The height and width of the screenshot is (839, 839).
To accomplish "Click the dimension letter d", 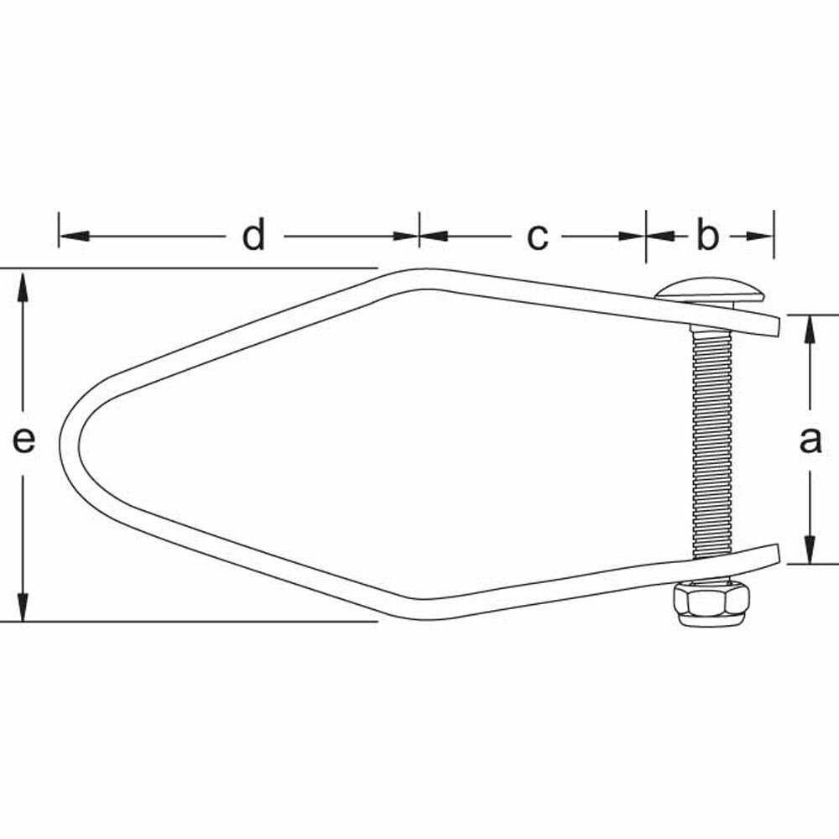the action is tap(253, 236).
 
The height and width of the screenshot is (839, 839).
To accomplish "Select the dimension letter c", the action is tap(537, 237).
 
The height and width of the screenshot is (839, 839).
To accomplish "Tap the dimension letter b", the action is tap(707, 235).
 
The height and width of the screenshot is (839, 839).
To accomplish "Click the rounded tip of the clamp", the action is tap(70, 444).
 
